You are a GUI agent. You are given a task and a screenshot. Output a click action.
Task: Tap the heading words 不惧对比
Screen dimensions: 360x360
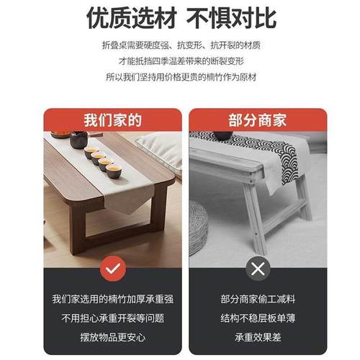[231, 17]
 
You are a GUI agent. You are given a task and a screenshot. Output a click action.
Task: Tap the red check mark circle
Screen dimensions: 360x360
[112, 269]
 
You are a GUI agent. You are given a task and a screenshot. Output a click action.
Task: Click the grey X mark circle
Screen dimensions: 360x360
[257, 269]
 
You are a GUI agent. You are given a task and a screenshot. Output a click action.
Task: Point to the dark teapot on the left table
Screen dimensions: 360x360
[78, 140]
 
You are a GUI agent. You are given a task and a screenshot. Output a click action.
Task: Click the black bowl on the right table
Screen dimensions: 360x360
[222, 135]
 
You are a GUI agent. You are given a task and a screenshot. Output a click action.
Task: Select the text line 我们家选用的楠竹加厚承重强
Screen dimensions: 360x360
[112, 298]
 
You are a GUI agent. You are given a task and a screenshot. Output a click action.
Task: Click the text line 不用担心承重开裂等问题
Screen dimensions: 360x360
[112, 318]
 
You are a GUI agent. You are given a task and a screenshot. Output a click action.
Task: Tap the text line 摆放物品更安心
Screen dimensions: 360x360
[112, 336]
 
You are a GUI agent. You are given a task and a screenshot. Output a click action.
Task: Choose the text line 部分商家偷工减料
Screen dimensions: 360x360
[257, 298]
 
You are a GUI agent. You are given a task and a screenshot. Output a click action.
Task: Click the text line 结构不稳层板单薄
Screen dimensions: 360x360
[257, 318]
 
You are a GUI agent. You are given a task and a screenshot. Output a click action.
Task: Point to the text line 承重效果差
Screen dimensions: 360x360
[257, 336]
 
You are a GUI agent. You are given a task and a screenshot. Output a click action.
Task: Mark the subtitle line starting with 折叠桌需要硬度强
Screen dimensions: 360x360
[181, 45]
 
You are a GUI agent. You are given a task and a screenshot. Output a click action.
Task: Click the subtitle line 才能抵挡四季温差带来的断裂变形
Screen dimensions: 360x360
[181, 61]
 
